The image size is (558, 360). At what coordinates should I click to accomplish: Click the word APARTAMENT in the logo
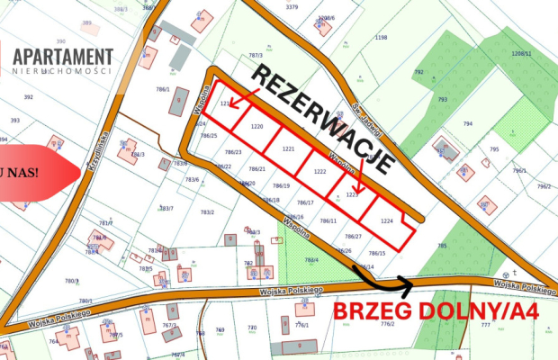pos(63,57)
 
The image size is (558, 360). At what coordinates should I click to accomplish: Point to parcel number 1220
pos(256,127)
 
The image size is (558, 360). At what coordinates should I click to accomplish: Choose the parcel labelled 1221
pos(288,148)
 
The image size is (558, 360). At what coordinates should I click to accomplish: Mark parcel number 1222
pos(319,171)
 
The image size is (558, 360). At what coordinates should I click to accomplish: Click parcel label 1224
pos(387,220)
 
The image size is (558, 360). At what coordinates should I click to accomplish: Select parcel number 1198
pos(381,38)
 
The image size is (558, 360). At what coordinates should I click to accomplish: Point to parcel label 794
pos(468,123)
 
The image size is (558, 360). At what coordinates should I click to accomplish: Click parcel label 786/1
pos(163,89)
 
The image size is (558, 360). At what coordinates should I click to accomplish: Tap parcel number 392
pos(28,96)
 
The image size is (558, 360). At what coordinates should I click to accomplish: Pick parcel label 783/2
pos(206,211)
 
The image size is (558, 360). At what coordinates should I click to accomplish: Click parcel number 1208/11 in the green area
pos(521,54)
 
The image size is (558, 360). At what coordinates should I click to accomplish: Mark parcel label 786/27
pos(354,236)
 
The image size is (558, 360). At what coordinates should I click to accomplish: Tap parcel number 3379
pos(292,6)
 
